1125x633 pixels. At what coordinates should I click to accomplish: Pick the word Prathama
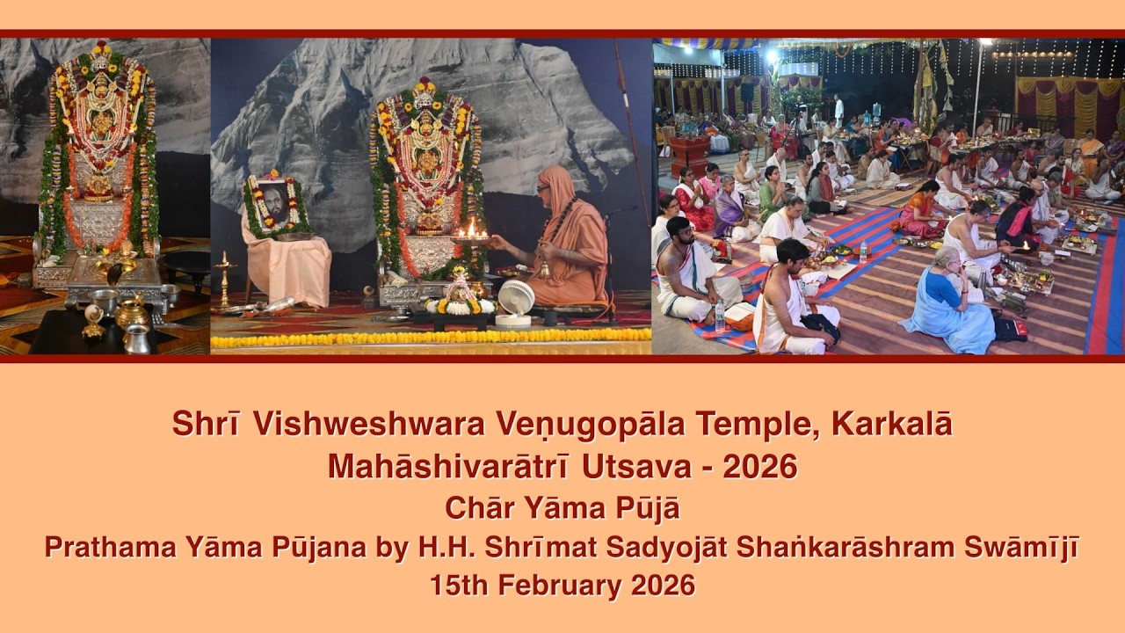pos(105,548)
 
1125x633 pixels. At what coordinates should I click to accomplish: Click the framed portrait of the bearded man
pos(273,205)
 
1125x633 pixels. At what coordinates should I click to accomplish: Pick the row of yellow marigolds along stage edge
pos(431,338)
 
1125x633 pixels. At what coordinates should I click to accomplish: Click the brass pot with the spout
pos(132,312)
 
